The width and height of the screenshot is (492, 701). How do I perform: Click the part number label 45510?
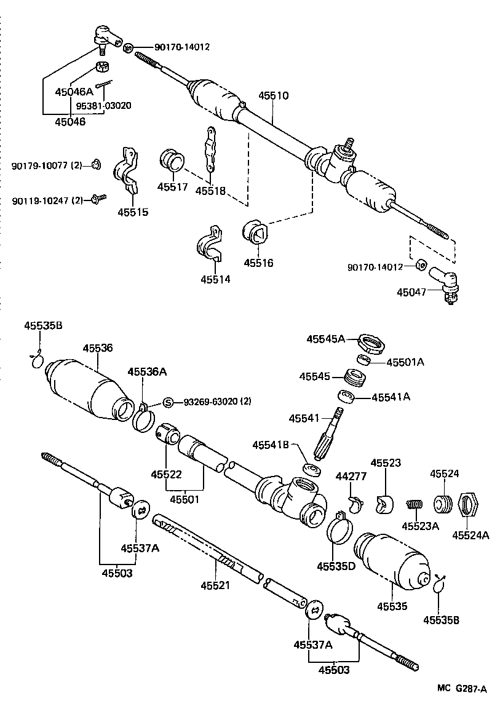pos(273,96)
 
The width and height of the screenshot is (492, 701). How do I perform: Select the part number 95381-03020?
pos(103,105)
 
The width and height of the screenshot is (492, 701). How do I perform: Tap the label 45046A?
pos(73,92)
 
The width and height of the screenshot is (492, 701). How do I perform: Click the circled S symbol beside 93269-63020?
pos(167,403)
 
